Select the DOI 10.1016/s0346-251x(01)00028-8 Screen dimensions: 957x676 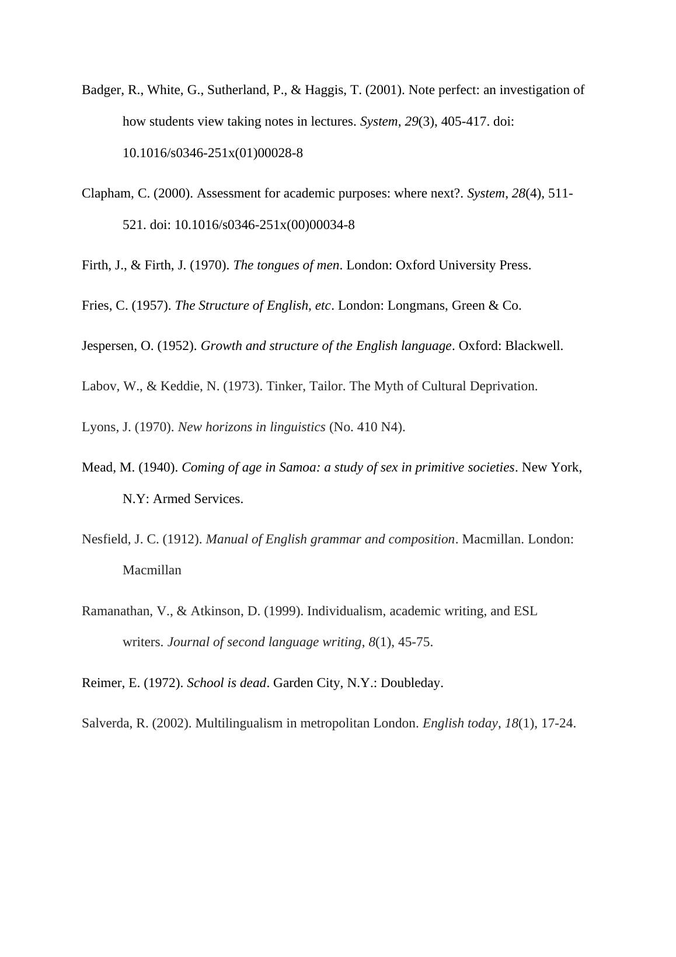[212, 153]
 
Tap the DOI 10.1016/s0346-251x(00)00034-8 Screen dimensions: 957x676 [264, 225]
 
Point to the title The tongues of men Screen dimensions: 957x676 [286, 265]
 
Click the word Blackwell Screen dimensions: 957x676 [533, 346]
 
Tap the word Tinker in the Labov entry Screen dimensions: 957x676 [284, 386]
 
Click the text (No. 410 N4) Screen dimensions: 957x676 [367, 427]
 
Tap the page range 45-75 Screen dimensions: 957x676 [414, 642]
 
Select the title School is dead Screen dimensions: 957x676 [227, 683]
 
